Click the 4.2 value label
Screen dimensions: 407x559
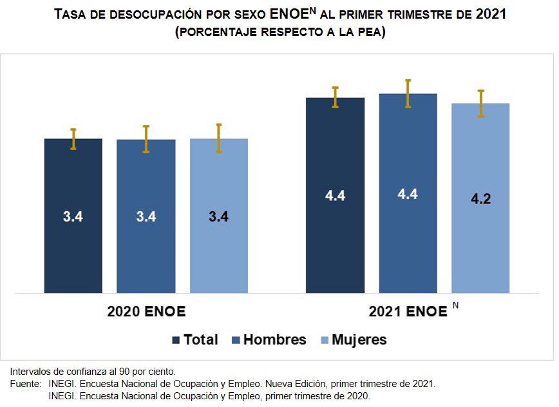point(480,199)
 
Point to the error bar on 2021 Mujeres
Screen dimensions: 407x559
point(480,103)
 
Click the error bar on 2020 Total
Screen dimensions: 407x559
point(73,139)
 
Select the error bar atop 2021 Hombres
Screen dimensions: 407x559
point(408,93)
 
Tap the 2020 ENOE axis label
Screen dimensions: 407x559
point(146,312)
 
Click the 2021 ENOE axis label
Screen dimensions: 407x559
point(408,312)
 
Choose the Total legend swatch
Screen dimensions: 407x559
point(176,340)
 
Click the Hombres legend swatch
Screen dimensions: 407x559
point(235,340)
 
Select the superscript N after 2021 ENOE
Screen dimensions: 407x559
point(455,305)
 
